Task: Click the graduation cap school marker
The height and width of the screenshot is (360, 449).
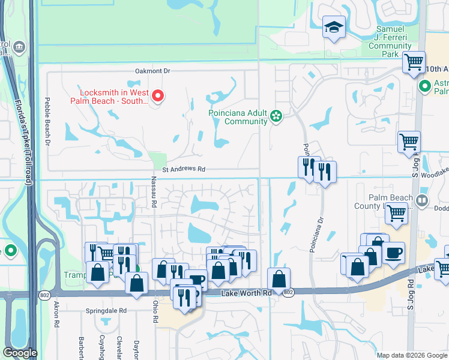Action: [x=333, y=28]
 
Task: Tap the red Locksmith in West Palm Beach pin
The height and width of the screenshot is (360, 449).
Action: [x=158, y=95]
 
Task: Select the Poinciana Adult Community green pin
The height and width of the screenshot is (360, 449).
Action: [x=276, y=116]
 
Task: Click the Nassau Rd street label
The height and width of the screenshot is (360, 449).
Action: [x=154, y=193]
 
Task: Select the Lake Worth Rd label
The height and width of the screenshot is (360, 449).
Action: [x=246, y=292]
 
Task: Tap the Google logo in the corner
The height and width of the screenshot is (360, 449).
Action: [x=20, y=353]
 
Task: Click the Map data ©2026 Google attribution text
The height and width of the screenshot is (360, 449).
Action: [x=411, y=355]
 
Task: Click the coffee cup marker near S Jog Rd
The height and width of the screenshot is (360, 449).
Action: [x=393, y=253]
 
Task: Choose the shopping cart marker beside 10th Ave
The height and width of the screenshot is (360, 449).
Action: [x=414, y=61]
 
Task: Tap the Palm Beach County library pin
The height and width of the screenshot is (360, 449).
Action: [x=423, y=200]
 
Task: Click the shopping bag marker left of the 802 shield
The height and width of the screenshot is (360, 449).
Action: [x=279, y=279]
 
